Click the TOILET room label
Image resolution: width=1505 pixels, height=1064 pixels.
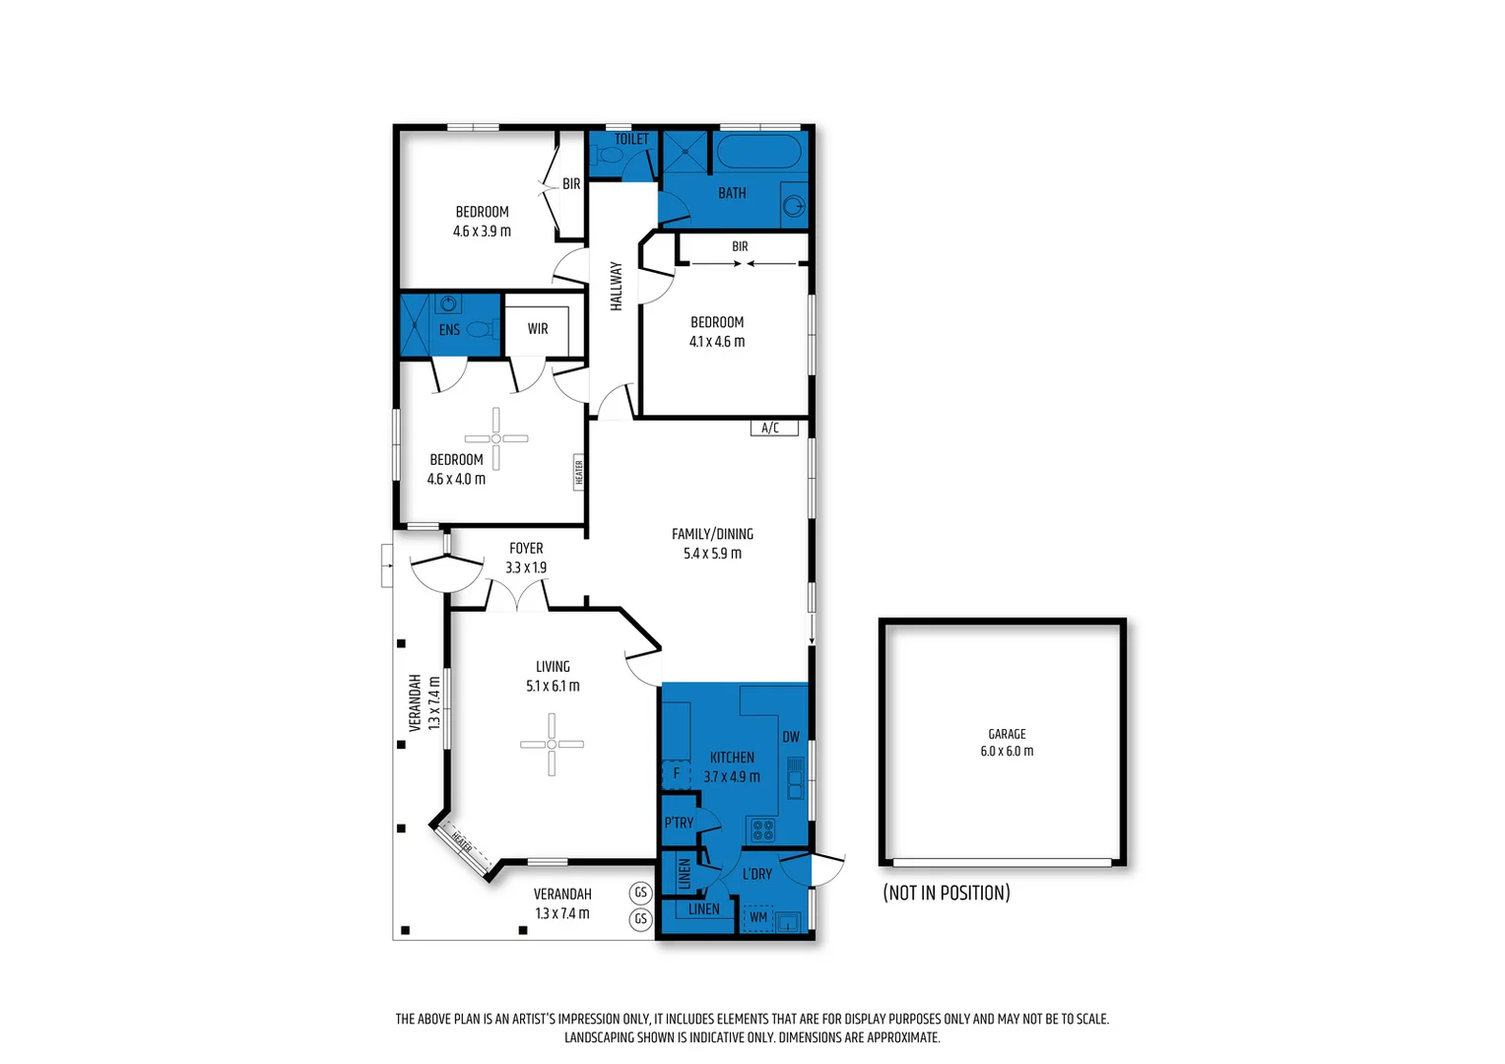631,139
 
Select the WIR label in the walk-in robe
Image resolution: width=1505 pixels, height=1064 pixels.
538,329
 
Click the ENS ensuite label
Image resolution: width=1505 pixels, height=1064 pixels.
449,330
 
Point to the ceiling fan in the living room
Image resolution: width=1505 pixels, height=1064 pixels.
552,744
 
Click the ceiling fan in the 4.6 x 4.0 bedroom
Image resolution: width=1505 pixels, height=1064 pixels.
496,438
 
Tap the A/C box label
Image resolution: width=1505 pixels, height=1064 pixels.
772,428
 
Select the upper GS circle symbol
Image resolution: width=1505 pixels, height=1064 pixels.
641,893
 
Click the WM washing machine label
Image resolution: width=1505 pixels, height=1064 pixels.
758,917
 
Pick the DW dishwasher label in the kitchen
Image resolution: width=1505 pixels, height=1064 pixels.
791,737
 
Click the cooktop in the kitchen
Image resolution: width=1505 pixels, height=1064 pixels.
762,830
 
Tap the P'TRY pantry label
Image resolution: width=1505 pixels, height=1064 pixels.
679,823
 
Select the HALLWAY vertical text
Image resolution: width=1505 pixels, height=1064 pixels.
617,286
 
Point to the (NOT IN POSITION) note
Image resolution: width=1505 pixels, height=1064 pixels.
947,893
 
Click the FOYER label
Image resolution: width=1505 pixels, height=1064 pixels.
526,549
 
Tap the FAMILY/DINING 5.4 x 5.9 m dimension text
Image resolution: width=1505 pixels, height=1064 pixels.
712,554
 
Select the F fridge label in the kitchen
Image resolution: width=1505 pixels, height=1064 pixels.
676,773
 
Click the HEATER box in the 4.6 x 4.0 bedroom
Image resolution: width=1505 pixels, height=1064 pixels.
579,472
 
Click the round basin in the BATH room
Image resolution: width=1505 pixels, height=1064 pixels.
794,205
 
